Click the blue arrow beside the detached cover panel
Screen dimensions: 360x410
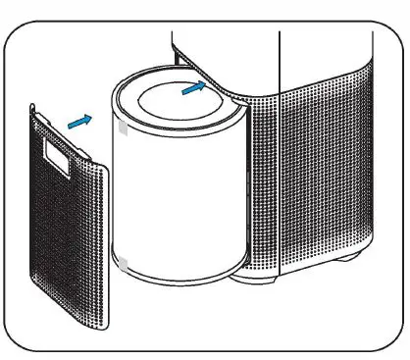[81, 121]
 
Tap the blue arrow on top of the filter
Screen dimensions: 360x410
[196, 89]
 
